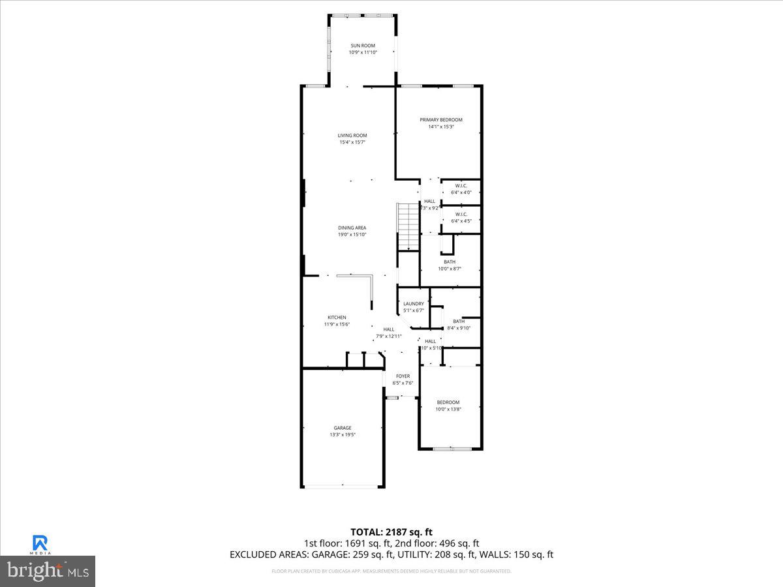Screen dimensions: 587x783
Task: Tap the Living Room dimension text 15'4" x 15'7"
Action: [352, 142]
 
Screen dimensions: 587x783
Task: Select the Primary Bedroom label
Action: [441, 120]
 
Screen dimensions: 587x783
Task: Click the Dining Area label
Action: [352, 228]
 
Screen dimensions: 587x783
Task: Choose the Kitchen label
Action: [337, 318]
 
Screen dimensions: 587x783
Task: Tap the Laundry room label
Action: [414, 304]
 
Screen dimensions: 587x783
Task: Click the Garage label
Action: [343, 428]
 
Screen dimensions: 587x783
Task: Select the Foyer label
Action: [403, 376]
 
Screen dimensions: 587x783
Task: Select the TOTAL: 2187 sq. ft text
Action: [391, 532]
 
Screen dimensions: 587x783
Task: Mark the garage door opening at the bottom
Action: [343, 486]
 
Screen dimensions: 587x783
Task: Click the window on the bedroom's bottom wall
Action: [452, 449]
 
